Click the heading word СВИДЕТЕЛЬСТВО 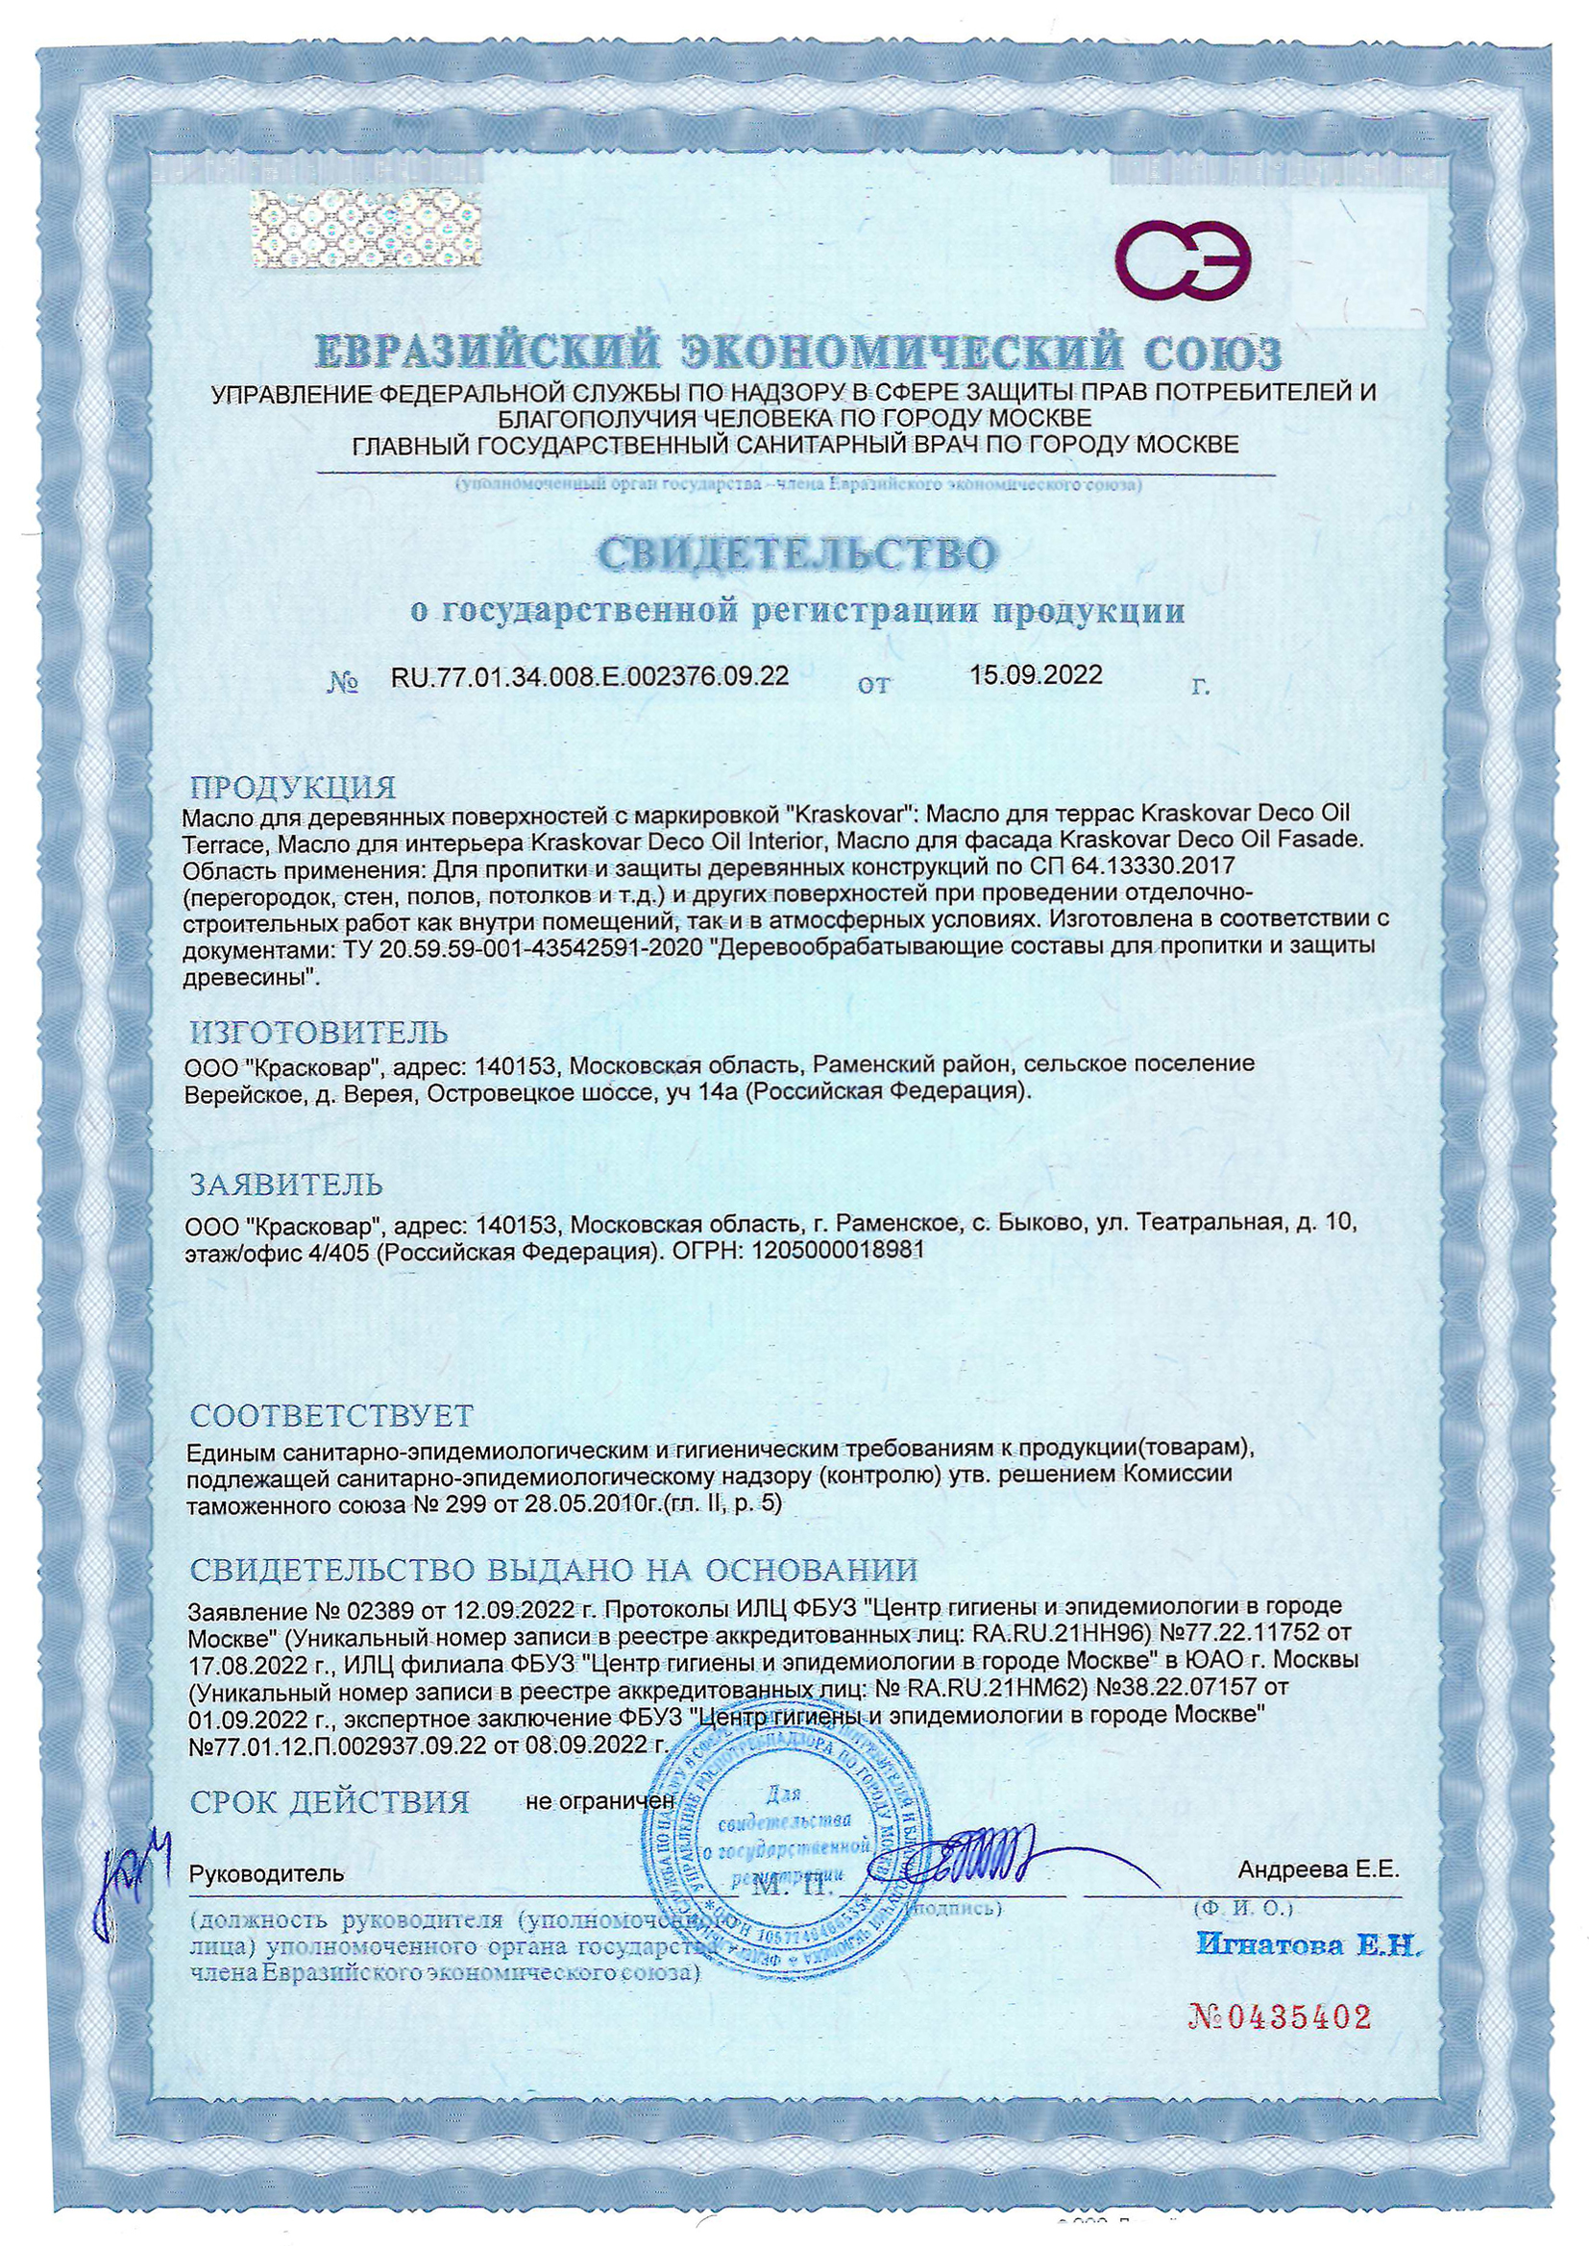[x=795, y=554]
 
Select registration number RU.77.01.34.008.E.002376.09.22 [x=589, y=675]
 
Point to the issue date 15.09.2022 [x=1037, y=674]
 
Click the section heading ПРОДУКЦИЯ [x=293, y=788]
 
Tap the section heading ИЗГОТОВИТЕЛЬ [x=319, y=1031]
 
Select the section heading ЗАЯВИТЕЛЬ [x=286, y=1184]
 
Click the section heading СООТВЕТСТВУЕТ [x=331, y=1414]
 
